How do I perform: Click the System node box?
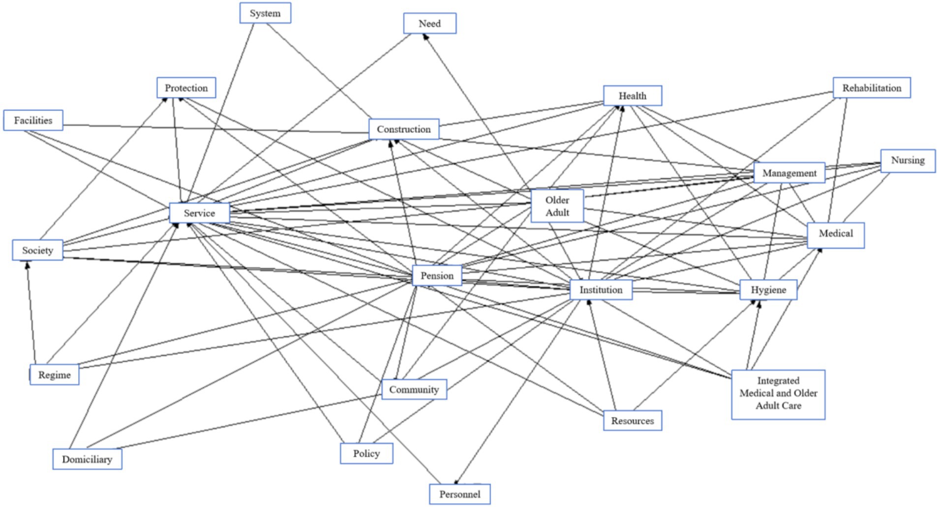[x=265, y=13]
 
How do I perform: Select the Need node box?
[x=429, y=24]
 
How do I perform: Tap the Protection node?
[x=186, y=88]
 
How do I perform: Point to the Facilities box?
[x=33, y=121]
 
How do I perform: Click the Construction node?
[x=404, y=129]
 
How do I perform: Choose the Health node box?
[x=632, y=96]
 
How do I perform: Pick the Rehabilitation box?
[x=871, y=88]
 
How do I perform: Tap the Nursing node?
[x=908, y=160]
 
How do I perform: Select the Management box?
[x=789, y=173]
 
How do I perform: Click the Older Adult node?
[x=557, y=206]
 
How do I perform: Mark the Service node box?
[x=199, y=213]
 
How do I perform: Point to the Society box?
[x=37, y=251]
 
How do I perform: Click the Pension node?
[x=437, y=276]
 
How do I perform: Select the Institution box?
[x=601, y=290]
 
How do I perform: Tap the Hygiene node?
[x=768, y=290]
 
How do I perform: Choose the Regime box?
[x=54, y=375]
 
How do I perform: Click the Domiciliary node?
[x=87, y=459]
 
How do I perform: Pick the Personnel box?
[x=459, y=494]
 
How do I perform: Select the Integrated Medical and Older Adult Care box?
[x=778, y=394]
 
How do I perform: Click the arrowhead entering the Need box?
[x=426, y=37]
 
